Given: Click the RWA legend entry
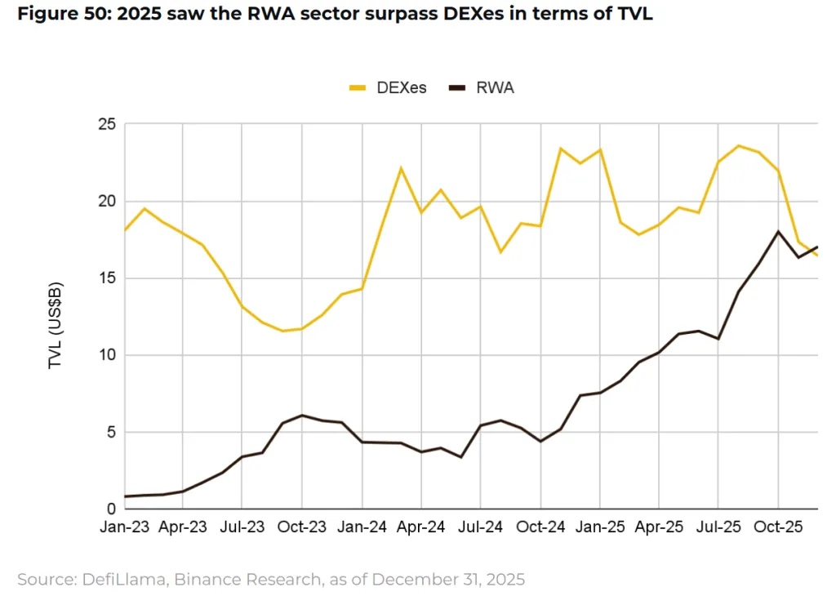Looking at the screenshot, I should (484, 88).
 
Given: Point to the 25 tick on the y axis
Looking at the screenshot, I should (108, 124).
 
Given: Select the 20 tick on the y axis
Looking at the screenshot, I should (108, 201).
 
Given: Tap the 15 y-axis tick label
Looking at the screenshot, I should (108, 278).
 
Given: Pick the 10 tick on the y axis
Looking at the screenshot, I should (108, 354).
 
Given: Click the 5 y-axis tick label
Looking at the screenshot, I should (112, 431).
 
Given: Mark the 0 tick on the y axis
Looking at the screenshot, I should (112, 508).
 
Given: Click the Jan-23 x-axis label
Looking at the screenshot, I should (124, 527).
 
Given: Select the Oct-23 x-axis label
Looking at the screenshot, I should (302, 527).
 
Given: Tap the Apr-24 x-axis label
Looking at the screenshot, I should (421, 527).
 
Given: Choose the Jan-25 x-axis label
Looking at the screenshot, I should (600, 527).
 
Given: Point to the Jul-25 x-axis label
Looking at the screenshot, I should (718, 527).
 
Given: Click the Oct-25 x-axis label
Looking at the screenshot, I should (778, 527).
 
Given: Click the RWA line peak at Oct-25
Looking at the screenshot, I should (778, 231).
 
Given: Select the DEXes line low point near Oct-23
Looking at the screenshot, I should (282, 331).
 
